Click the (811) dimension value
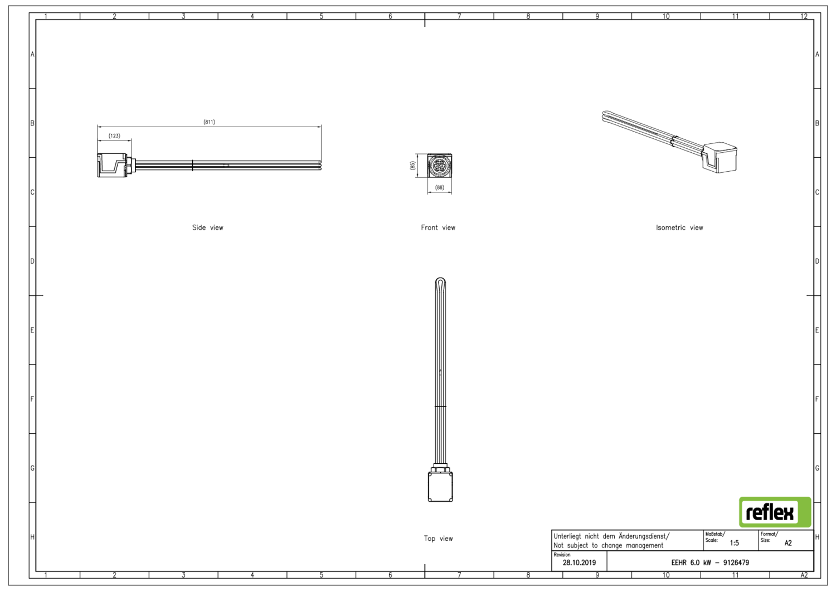tap(209, 122)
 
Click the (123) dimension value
tap(114, 136)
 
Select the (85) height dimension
tap(412, 166)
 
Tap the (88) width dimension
tap(440, 187)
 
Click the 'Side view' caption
tap(207, 227)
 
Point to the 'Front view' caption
tap(438, 227)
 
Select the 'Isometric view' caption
tap(679, 227)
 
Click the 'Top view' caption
tap(438, 539)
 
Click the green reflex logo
tap(775, 512)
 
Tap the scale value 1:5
tap(734, 543)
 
